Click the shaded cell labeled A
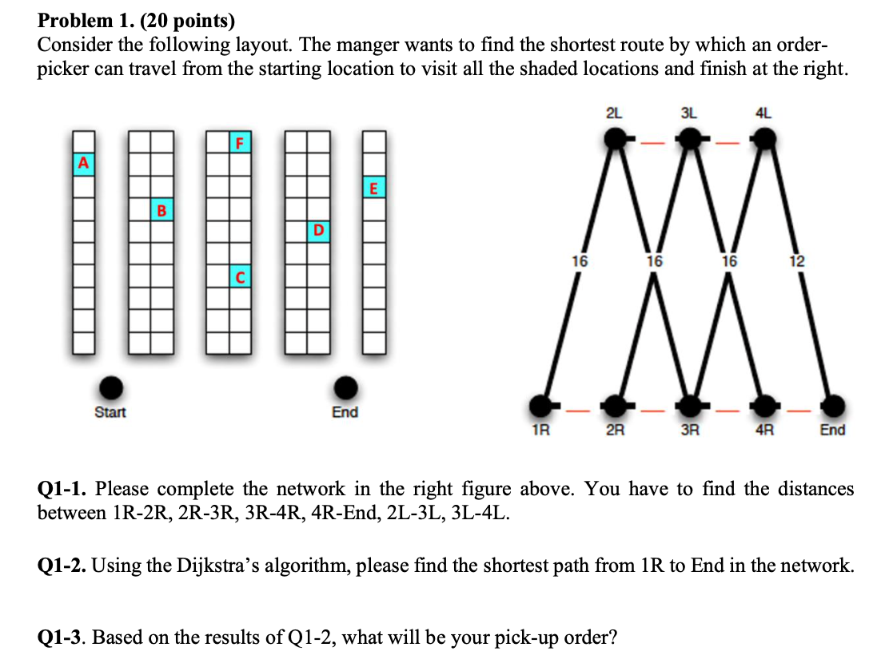point(82,163)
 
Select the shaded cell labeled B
point(161,210)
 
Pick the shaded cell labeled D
point(318,230)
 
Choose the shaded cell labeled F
point(238,143)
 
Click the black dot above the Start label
point(111,387)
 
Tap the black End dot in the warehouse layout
point(345,387)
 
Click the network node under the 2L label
point(615,139)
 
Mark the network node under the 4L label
point(765,139)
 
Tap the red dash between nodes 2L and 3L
point(652,144)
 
